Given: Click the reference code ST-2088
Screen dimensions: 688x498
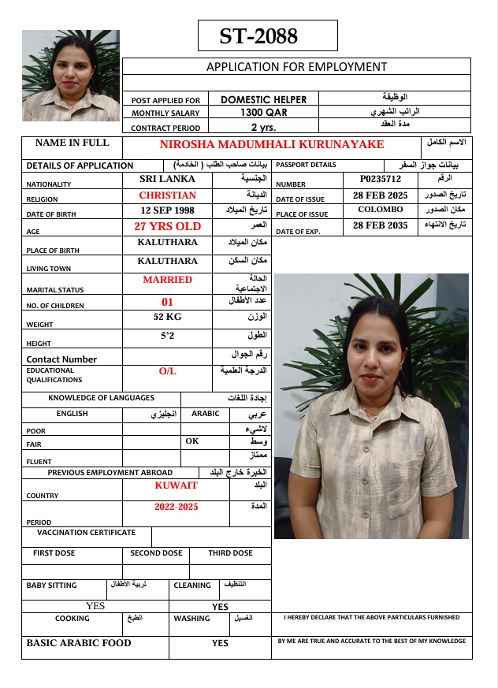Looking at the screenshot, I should point(258,36).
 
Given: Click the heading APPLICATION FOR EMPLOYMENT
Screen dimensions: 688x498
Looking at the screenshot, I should point(296,67).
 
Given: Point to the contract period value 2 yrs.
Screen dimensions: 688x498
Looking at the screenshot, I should point(262,127).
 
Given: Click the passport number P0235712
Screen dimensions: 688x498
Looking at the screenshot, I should point(380,179).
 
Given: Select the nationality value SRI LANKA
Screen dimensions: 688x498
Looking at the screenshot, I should point(167,179).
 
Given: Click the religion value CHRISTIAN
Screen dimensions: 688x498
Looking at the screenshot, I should point(167,195).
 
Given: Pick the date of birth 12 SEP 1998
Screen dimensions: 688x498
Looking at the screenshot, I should point(167,210).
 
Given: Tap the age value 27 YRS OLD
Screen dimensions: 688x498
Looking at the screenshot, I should point(167,226).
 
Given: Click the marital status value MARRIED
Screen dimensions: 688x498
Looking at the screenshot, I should point(167,280).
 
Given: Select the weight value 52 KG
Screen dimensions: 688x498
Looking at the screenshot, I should point(167,317).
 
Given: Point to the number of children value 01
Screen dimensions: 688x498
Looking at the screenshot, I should point(167,301).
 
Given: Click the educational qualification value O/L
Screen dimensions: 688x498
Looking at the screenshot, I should point(167,370).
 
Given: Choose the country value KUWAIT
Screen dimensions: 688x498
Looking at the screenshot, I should point(176,485).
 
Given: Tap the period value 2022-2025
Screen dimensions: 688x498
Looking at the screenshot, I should point(176,507).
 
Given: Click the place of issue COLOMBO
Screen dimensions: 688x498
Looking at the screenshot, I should point(380,210).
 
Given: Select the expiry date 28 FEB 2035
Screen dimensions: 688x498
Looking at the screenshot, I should point(380,225).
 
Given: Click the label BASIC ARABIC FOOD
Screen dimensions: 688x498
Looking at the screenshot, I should point(79,643).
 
